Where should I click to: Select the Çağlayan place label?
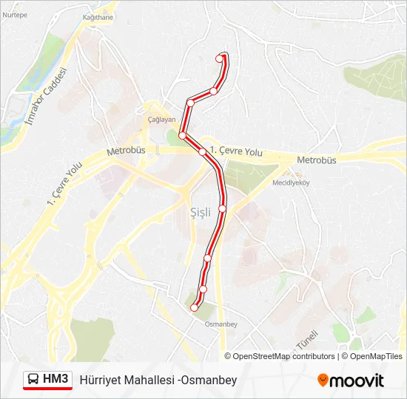click(x=161, y=120)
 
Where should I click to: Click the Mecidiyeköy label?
click(x=290, y=182)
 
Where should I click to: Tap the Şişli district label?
click(x=201, y=212)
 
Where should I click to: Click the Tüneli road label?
click(x=306, y=341)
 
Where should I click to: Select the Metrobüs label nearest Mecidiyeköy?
click(x=316, y=160)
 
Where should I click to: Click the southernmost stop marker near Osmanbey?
click(x=195, y=307)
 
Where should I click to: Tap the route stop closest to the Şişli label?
click(x=222, y=208)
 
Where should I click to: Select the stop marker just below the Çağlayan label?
click(x=182, y=134)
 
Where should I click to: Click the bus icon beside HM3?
click(x=34, y=380)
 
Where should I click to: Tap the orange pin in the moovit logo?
click(x=323, y=381)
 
